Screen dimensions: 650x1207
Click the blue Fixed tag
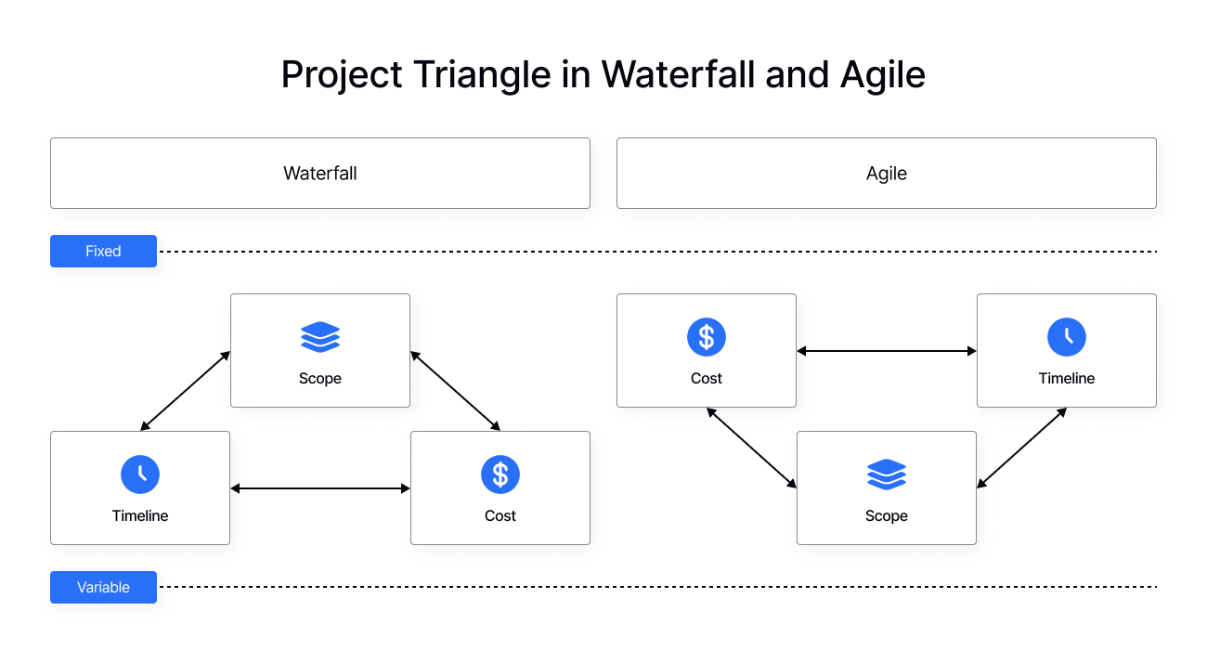click(103, 251)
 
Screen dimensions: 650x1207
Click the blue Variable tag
click(103, 587)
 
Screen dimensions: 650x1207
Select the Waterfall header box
click(320, 174)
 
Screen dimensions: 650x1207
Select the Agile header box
click(886, 174)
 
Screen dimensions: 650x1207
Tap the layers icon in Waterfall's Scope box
click(320, 337)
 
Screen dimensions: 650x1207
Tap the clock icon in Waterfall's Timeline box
click(140, 474)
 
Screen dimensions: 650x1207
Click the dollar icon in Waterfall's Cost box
click(500, 474)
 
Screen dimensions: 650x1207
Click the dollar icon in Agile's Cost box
click(707, 337)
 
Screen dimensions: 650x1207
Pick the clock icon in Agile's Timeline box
click(1067, 337)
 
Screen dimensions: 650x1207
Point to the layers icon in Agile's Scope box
click(887, 474)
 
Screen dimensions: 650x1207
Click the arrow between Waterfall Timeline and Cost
click(320, 488)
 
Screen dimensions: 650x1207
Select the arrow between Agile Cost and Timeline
click(887, 351)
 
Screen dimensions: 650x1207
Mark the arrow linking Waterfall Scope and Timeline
click(186, 391)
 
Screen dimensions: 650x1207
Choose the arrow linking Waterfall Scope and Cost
click(455, 391)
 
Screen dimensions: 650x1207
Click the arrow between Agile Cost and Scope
click(751, 448)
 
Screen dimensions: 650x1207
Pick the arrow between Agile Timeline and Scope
click(1021, 448)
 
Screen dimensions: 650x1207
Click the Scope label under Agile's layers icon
click(887, 515)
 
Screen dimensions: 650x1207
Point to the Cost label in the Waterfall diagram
click(500, 515)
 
